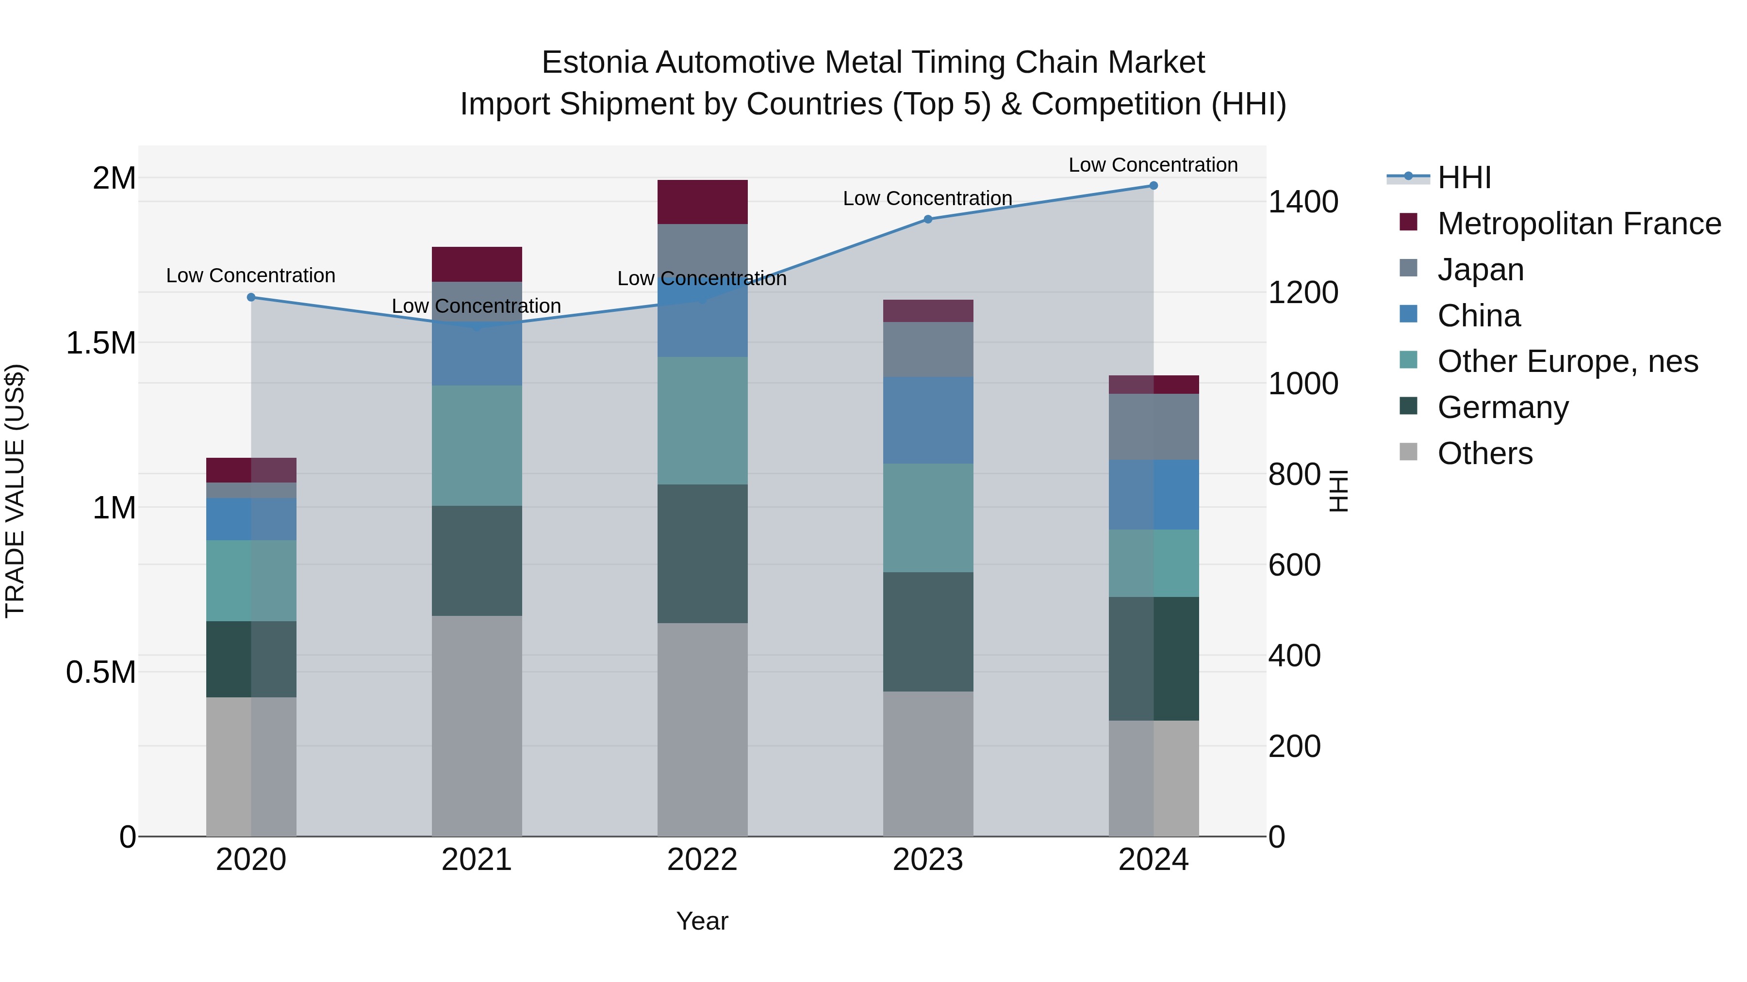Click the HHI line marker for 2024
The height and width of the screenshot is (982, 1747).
(x=1153, y=186)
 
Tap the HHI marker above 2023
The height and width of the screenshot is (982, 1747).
(x=928, y=219)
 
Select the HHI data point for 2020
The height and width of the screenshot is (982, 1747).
(x=251, y=297)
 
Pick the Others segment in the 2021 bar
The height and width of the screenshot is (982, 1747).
(x=477, y=725)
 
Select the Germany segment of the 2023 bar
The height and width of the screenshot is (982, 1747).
(x=928, y=631)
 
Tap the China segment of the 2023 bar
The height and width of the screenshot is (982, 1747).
(x=928, y=420)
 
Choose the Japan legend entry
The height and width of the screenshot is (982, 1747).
(x=1481, y=270)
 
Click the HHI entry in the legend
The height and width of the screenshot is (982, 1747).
(x=1464, y=177)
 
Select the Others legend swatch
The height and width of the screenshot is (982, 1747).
(x=1409, y=452)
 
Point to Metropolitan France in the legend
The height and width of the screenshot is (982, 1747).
(x=1579, y=224)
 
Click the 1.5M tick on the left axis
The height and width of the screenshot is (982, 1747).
(x=101, y=343)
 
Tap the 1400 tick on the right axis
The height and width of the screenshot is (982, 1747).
(x=1302, y=202)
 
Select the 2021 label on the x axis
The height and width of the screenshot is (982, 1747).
(x=477, y=860)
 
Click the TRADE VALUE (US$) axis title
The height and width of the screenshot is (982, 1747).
(x=15, y=491)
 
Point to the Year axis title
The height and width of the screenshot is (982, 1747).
(x=702, y=921)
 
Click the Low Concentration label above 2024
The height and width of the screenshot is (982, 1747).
(x=1153, y=165)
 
